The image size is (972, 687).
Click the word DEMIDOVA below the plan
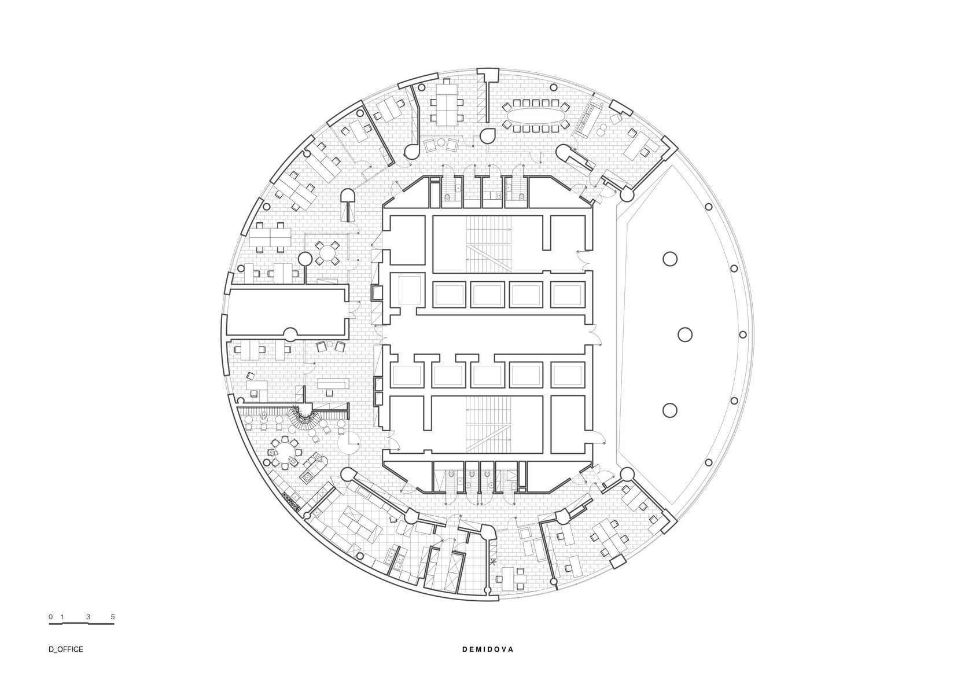click(x=488, y=662)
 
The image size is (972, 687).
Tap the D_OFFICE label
click(x=65, y=662)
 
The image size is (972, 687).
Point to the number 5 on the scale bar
click(x=113, y=616)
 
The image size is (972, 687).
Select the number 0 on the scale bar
click(x=50, y=616)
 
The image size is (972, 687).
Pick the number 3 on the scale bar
click(x=88, y=616)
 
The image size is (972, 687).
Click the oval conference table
click(x=536, y=115)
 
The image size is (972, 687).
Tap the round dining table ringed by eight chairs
click(x=285, y=453)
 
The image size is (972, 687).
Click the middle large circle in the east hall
click(x=685, y=335)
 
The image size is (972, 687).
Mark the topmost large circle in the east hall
click(x=670, y=259)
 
